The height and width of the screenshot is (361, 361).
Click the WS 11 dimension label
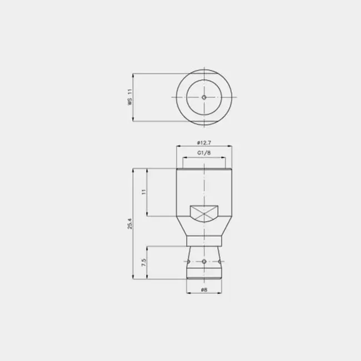pos(130,97)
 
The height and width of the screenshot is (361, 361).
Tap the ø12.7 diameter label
pos(204,143)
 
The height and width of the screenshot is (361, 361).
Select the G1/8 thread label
pos(204,153)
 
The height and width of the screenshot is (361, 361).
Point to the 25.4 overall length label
pos(130,224)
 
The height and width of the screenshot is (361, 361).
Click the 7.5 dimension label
pos(144,263)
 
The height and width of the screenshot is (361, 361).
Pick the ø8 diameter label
pos(204,289)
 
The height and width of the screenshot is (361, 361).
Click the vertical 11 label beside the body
pos(144,192)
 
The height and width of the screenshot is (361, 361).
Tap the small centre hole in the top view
pos(204,97)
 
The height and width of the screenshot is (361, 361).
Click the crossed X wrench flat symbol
pos(204,214)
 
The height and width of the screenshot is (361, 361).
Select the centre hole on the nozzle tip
pos(204,262)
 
